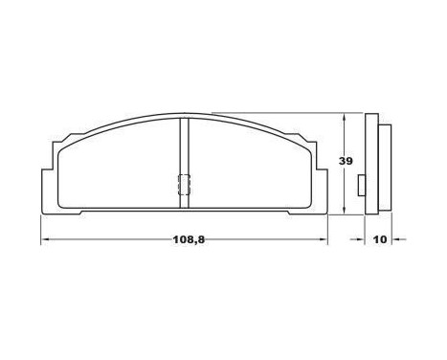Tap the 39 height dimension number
(346, 162)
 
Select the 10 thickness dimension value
(379, 238)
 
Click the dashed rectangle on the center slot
(185, 186)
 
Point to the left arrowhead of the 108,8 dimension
(45, 238)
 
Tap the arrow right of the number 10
(397, 238)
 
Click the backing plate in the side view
(371, 163)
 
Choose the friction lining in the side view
(382, 163)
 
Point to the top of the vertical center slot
(185, 119)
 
